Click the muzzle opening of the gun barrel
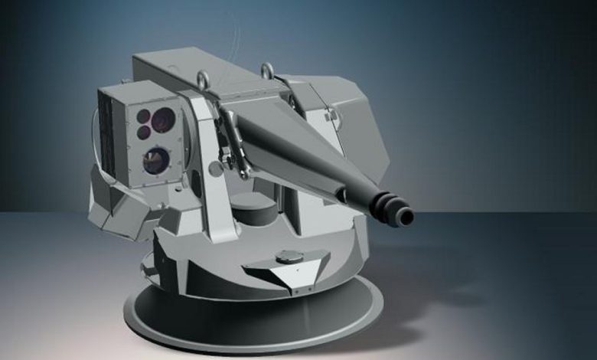(406, 218)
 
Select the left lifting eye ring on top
(203, 78)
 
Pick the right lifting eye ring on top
(267, 71)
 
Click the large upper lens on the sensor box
(163, 119)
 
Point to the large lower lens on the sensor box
(155, 159)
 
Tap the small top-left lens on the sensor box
(143, 116)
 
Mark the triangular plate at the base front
(283, 270)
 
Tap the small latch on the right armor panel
(331, 114)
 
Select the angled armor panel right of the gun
(348, 130)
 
